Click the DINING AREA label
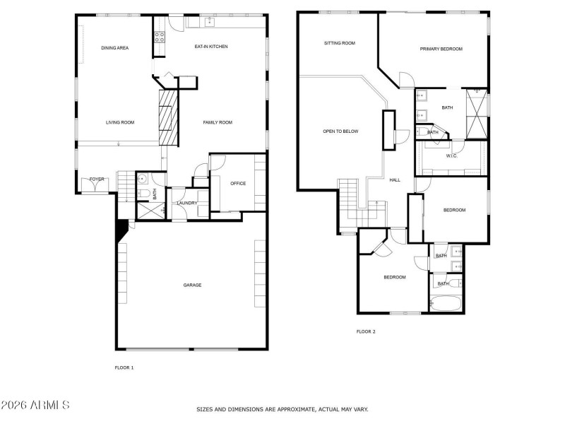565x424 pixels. coord(114,47)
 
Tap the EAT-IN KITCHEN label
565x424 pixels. coord(211,47)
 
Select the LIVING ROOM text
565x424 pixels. coord(120,122)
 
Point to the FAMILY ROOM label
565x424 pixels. coord(218,122)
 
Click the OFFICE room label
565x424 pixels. coord(238,184)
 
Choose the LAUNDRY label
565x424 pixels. coord(187,203)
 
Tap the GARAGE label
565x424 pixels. coord(192,285)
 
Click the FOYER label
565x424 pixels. coord(97,179)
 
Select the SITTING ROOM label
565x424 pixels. coord(339,43)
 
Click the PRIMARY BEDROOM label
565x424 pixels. coord(441,49)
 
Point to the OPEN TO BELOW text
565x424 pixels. coord(340,131)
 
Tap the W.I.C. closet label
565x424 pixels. coord(452,155)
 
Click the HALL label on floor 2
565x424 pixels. coord(395,179)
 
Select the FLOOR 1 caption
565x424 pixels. coord(124,367)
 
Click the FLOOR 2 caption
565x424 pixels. coord(365,331)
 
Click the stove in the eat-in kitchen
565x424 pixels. coord(160,37)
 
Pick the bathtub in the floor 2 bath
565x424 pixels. coord(445,304)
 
